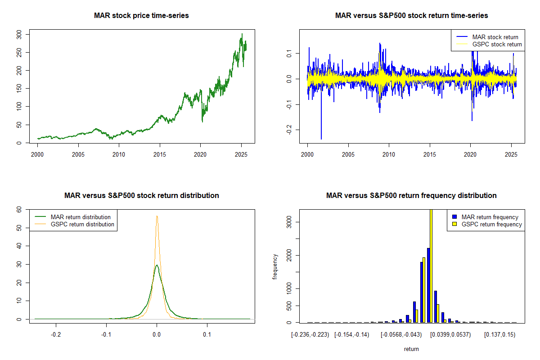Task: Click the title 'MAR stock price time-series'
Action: (141, 16)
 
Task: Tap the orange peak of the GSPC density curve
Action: (157, 216)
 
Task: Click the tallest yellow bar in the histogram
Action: (431, 265)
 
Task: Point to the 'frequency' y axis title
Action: (275, 266)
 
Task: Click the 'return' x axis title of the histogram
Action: (411, 349)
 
